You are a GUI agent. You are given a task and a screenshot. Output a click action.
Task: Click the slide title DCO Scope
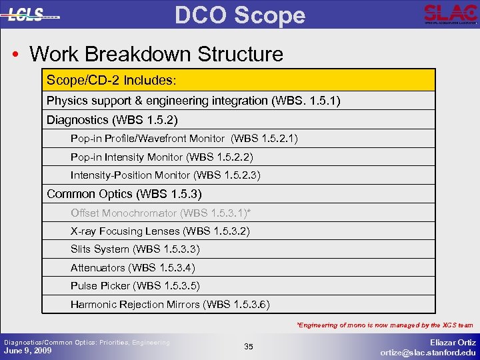point(240,15)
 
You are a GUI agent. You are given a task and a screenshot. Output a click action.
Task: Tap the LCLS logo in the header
point(33,15)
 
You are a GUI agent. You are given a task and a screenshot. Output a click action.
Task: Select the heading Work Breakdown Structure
point(156,53)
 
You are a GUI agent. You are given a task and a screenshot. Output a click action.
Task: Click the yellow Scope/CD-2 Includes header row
point(238,80)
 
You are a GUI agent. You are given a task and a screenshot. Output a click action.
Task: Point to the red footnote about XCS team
point(385,325)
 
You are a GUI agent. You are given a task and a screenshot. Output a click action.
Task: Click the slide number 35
point(248,347)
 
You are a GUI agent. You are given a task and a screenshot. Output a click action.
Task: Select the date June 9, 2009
point(28,350)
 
